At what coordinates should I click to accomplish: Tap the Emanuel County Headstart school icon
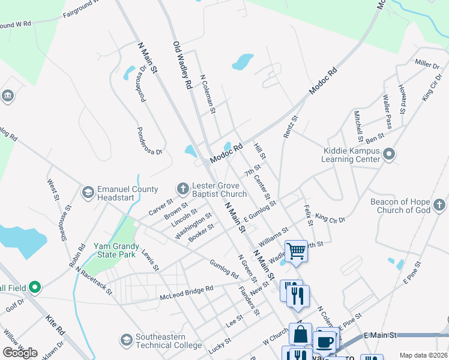pos(88,192)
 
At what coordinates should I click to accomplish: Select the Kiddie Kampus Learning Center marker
pos(389,155)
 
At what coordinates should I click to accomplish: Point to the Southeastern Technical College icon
pos(126,340)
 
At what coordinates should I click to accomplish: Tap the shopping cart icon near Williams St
pos(296,251)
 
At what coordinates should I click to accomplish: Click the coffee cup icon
pos(325,342)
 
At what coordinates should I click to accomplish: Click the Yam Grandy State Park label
pos(116,251)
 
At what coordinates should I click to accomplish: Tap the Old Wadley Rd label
pos(182,65)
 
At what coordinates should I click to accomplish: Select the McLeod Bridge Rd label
pos(186,292)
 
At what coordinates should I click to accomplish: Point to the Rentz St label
pos(289,127)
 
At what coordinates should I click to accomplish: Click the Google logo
pos(20,353)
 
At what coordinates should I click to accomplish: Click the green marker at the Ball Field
pos(34,288)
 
